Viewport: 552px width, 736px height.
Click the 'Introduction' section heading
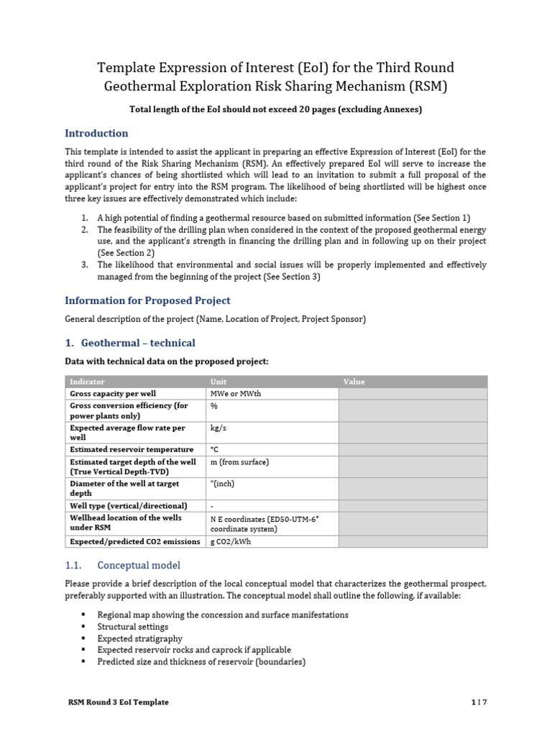click(96, 133)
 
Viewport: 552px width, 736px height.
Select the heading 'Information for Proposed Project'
click(147, 300)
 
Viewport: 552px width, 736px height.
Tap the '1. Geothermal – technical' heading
click(130, 343)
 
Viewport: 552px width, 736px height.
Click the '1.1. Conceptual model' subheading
click(123, 565)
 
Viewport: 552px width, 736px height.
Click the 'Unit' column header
click(218, 382)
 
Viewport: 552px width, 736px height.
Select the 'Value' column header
click(354, 382)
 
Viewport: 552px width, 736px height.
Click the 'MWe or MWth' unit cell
click(234, 394)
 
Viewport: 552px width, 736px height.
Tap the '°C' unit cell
click(214, 450)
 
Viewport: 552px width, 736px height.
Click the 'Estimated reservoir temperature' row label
click(132, 450)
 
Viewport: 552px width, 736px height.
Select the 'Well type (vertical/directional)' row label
click(128, 505)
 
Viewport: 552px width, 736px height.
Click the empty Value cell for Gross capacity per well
click(412, 394)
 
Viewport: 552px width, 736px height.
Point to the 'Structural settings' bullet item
click(133, 627)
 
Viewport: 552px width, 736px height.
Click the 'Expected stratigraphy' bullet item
click(139, 638)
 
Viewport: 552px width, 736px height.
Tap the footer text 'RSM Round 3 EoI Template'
click(117, 702)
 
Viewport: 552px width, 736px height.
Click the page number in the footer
click(479, 702)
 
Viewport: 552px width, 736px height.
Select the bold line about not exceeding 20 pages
click(275, 109)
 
